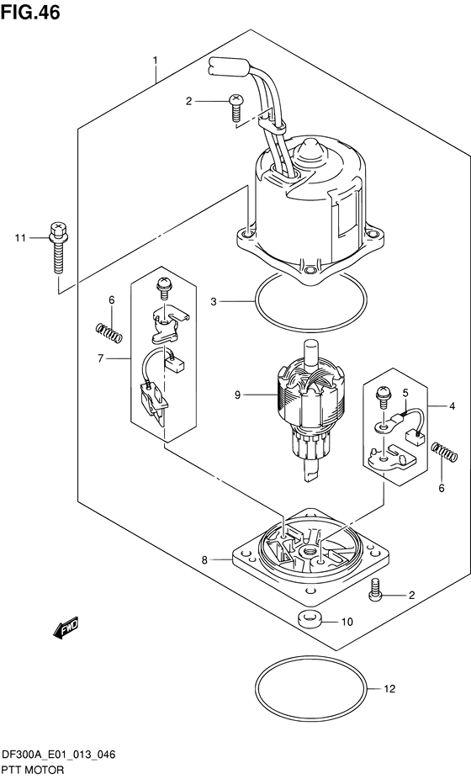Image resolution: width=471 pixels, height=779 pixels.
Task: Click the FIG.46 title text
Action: [30, 12]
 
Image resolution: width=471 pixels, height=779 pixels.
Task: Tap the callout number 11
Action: [20, 238]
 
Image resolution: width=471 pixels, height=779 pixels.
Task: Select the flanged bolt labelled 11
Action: [59, 247]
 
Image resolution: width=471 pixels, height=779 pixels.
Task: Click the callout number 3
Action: [213, 301]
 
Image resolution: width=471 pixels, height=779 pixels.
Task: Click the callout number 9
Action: [237, 395]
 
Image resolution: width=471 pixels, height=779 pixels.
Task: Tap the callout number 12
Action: [389, 689]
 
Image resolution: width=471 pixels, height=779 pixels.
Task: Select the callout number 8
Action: [204, 560]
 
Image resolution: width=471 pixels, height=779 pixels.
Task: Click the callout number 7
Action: [100, 358]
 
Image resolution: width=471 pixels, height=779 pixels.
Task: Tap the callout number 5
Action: [405, 393]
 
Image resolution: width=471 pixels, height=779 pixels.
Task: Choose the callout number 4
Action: [452, 406]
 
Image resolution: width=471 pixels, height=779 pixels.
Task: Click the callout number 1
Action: [155, 61]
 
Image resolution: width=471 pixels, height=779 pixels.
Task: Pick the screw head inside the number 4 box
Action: [384, 393]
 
